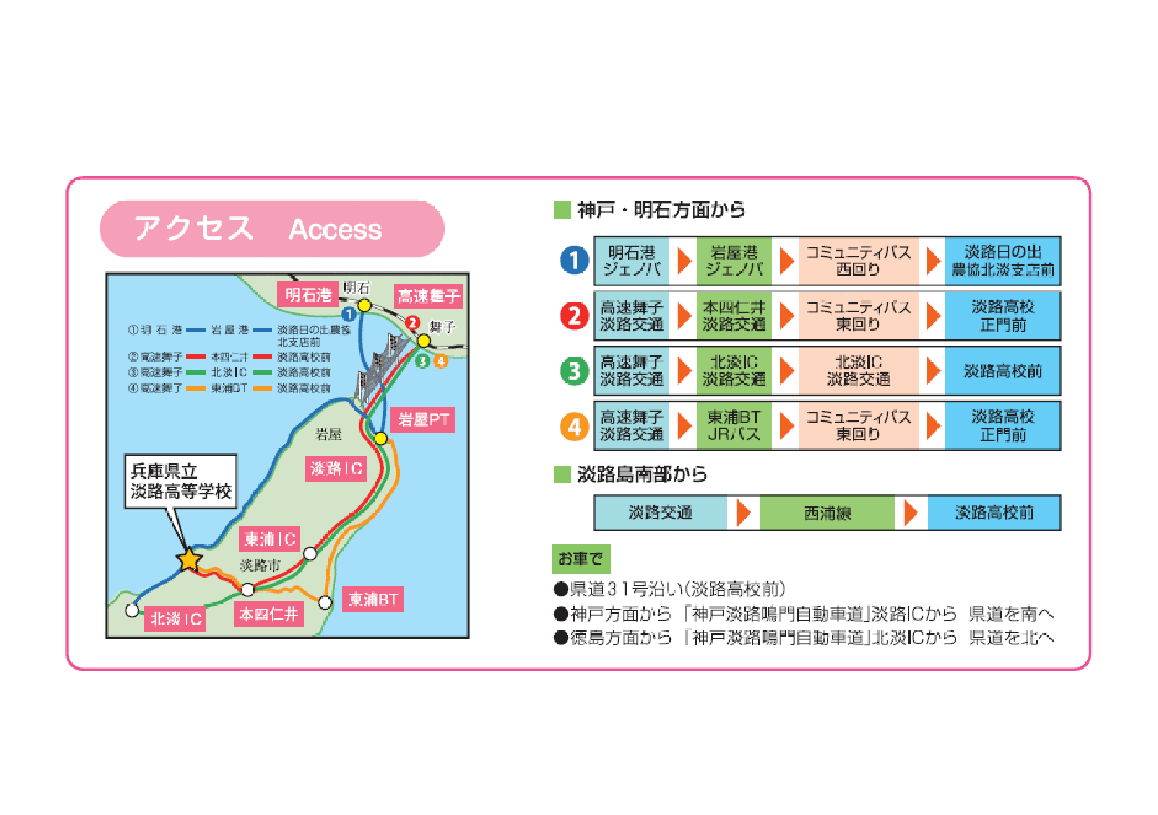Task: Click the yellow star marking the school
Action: [x=189, y=560]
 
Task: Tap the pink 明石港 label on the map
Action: [x=308, y=295]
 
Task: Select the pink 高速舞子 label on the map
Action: [x=428, y=296]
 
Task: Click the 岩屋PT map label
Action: [x=423, y=420]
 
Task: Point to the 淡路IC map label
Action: [x=336, y=468]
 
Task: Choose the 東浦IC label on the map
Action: [x=270, y=539]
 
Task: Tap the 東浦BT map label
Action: [x=372, y=599]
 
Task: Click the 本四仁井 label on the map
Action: [x=269, y=614]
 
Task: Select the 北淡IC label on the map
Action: [x=175, y=618]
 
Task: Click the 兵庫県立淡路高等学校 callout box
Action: [x=181, y=481]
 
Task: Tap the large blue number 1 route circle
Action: [x=575, y=261]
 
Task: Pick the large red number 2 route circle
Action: [x=575, y=316]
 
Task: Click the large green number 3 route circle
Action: [x=575, y=371]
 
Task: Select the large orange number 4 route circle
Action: [x=575, y=425]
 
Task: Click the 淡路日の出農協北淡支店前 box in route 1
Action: [x=1003, y=261]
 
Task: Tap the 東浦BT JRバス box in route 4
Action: [x=733, y=425]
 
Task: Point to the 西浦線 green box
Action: [x=827, y=513]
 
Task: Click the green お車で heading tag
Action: [x=580, y=559]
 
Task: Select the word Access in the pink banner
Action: [x=335, y=229]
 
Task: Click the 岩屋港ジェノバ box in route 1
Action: [x=733, y=261]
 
